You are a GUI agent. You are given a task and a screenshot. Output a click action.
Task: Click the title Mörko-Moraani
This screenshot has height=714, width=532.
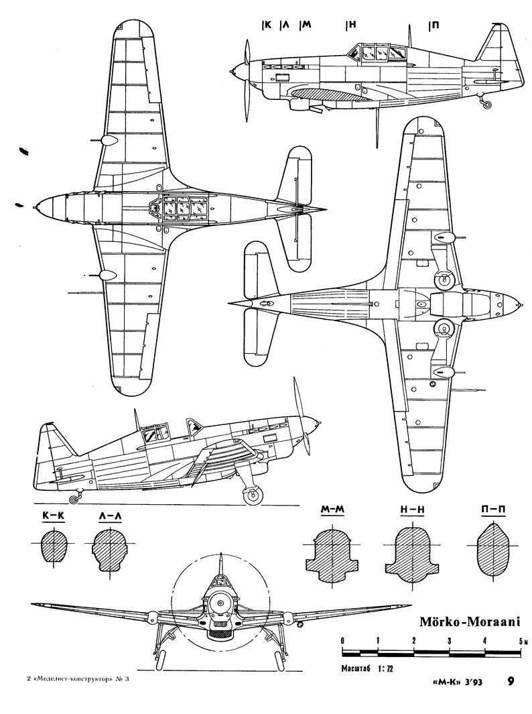(x=470, y=620)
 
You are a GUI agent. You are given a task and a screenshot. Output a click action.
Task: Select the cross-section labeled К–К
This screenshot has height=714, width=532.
(x=54, y=546)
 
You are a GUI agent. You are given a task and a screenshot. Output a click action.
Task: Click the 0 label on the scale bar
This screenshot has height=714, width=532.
(x=342, y=641)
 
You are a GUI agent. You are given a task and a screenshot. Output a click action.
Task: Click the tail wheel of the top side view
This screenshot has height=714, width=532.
(x=488, y=104)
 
